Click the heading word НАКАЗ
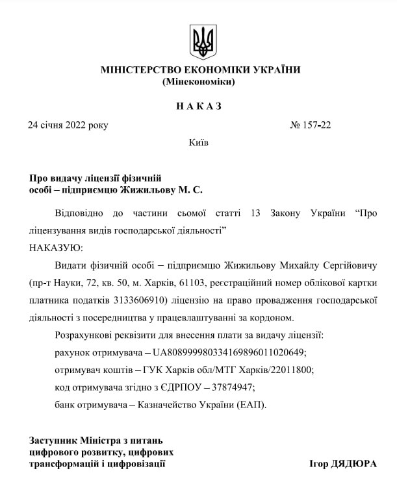point(198,106)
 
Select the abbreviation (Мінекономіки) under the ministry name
point(198,82)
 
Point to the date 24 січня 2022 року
point(68,125)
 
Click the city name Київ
point(198,142)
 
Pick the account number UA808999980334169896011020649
point(229,352)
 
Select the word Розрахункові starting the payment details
point(86,335)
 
